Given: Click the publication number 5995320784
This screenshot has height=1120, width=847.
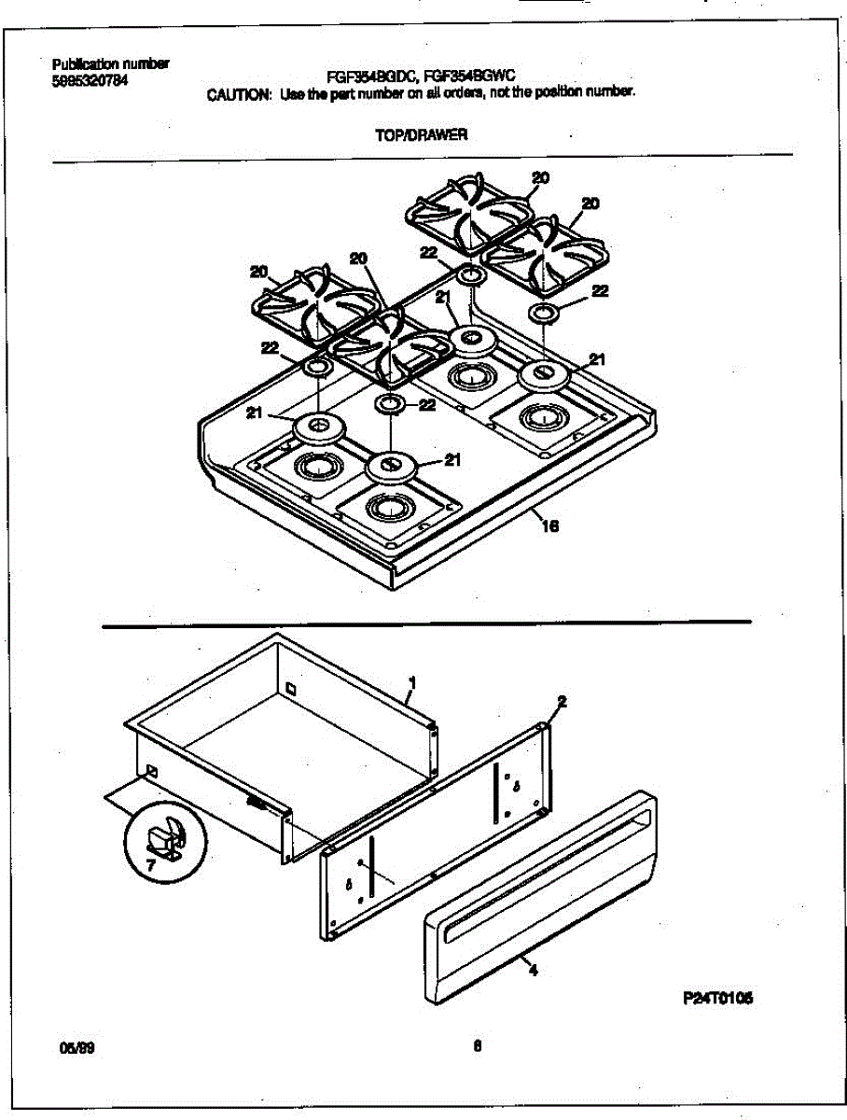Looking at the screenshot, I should [x=90, y=80].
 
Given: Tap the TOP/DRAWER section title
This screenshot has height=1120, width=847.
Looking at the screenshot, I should [x=421, y=134].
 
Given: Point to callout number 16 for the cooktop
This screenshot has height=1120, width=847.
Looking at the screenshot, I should [x=549, y=527].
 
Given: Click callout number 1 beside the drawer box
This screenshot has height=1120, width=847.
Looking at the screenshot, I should [x=411, y=684].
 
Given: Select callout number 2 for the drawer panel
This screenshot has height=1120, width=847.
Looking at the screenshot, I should [x=562, y=700].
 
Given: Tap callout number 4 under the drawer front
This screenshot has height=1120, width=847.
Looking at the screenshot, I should [x=533, y=970].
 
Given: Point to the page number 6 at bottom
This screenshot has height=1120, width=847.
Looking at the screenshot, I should [x=477, y=1045].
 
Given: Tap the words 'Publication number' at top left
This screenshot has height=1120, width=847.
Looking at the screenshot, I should [x=110, y=64].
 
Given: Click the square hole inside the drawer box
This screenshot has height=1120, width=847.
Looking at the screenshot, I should [x=291, y=690].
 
